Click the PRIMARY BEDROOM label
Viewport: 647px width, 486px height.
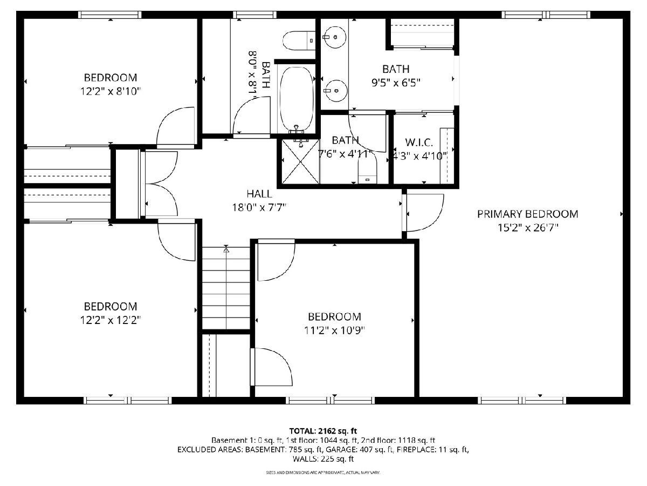pos(528,214)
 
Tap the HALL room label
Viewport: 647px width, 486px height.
pos(259,194)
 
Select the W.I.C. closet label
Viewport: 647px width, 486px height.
pos(419,143)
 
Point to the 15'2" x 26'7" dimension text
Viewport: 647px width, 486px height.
pos(528,228)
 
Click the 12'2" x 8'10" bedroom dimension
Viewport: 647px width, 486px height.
pos(110,91)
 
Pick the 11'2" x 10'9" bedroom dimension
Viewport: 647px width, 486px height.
pos(334,330)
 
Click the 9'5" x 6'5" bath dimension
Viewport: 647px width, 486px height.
pos(396,83)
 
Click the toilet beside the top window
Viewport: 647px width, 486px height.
pos(298,40)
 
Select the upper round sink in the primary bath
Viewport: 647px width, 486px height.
pos(335,37)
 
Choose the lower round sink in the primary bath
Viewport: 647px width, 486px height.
pos(336,91)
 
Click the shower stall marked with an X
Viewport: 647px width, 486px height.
pos(301,161)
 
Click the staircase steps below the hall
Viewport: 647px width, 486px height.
pos(226,288)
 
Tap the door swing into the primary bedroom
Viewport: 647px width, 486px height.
pos(424,212)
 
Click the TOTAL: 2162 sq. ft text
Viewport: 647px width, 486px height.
pos(323,431)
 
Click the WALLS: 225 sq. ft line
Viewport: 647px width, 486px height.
pos(323,459)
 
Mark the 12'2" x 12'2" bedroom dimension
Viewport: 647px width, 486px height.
pos(110,320)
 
